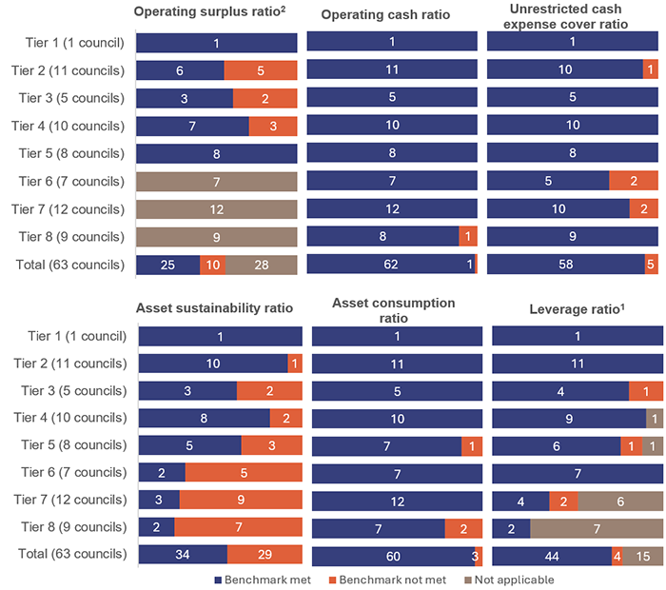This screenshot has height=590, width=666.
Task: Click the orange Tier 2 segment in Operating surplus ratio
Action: [x=261, y=70]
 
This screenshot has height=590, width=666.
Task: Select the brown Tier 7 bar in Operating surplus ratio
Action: [x=217, y=209]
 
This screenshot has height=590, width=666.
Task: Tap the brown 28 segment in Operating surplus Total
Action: [x=261, y=265]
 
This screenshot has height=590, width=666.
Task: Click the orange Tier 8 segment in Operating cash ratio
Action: [x=467, y=237]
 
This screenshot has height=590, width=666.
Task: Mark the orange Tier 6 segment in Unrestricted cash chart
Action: [x=633, y=182]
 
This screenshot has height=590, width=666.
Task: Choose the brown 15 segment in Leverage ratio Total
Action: [x=643, y=557]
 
